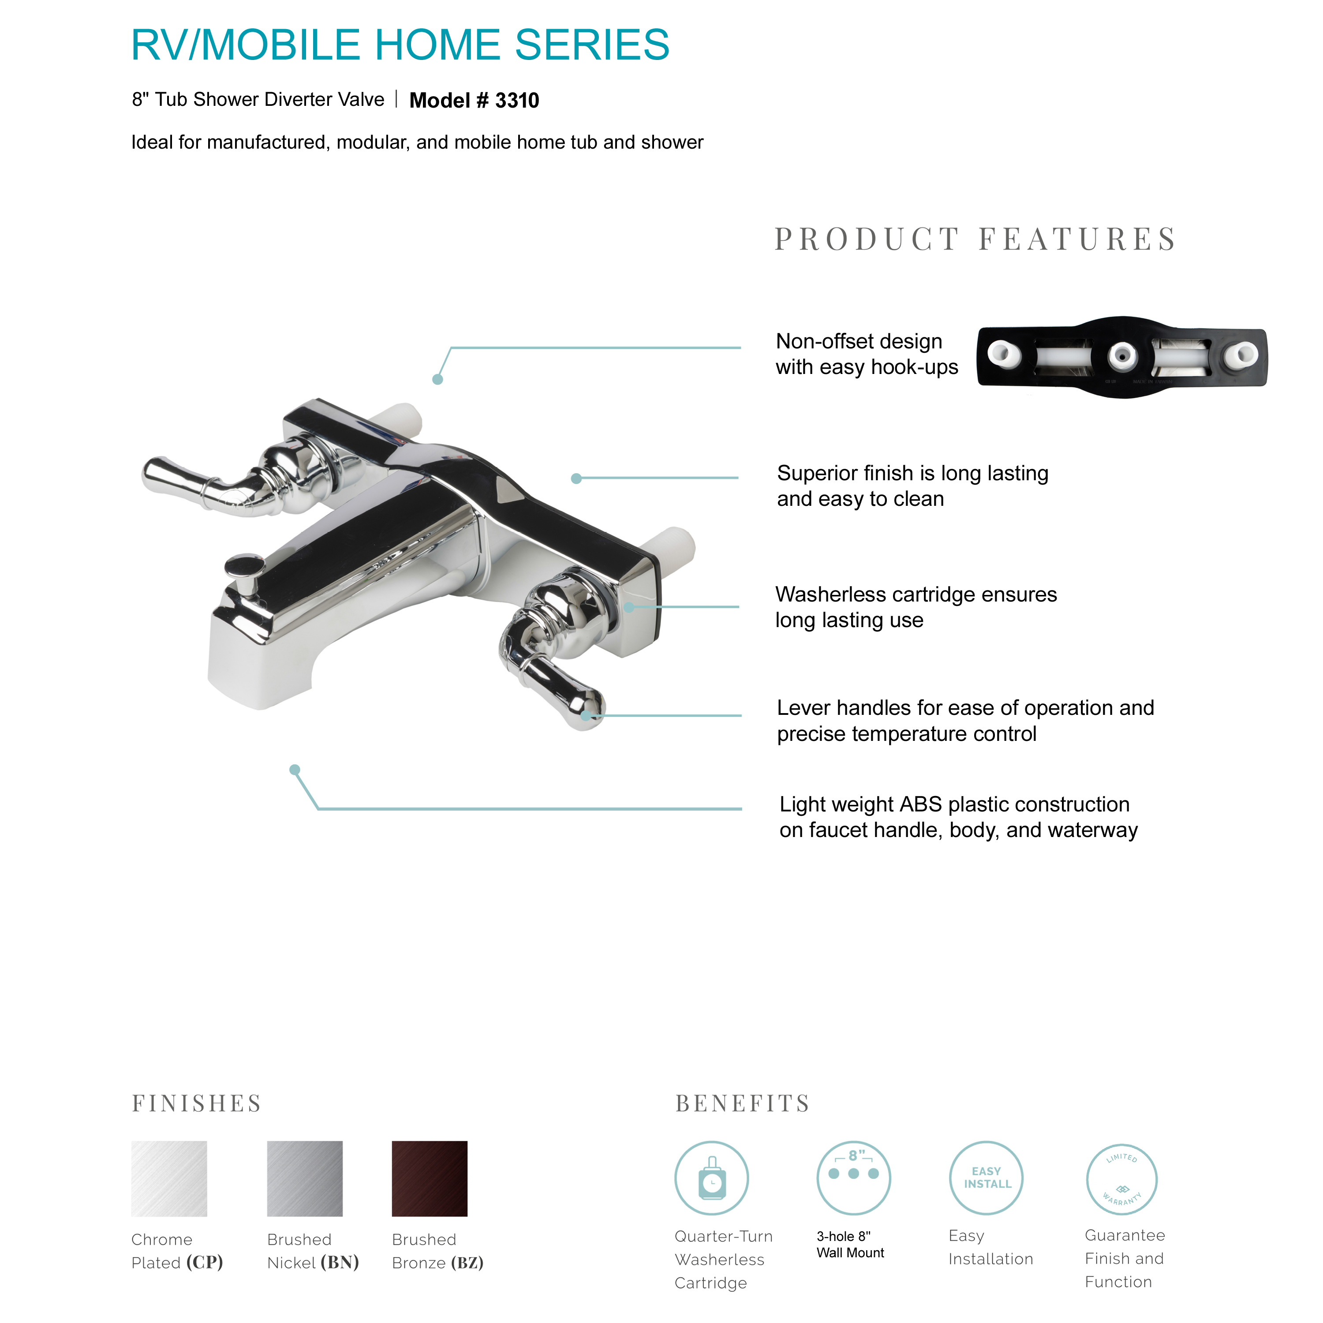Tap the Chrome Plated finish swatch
[x=169, y=1178]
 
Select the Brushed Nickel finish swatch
[x=305, y=1178]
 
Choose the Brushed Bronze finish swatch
[x=430, y=1178]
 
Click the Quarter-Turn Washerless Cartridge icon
[x=711, y=1178]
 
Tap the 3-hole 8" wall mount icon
[x=853, y=1178]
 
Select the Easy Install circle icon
[x=986, y=1178]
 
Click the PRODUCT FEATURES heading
[x=975, y=239]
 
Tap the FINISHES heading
[x=197, y=1103]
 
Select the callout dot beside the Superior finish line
[x=576, y=478]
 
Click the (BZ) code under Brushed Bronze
[x=467, y=1262]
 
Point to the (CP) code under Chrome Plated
[x=205, y=1262]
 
